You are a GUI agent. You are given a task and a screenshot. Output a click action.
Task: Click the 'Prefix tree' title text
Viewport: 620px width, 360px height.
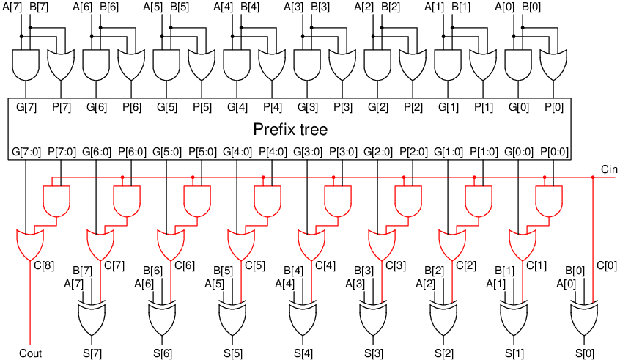tap(290, 130)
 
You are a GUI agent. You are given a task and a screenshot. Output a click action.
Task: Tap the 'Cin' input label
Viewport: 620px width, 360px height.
tap(608, 169)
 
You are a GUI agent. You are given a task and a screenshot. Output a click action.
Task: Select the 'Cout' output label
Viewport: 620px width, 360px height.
tap(30, 353)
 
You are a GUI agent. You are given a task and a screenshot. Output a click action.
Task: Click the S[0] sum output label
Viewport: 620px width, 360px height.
tap(584, 353)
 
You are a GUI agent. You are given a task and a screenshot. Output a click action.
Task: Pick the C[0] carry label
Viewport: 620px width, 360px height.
tap(607, 265)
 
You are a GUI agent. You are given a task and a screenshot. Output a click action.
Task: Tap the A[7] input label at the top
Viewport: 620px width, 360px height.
tap(12, 7)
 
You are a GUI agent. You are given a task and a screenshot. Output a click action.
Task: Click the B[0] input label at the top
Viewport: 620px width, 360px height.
tap(532, 7)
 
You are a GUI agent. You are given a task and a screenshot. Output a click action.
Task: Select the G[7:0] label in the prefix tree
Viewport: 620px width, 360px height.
tap(26, 152)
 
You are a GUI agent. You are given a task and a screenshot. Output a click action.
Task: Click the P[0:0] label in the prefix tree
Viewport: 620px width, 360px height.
tap(554, 152)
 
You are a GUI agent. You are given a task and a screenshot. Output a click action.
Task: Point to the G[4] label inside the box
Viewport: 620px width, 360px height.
tap(237, 107)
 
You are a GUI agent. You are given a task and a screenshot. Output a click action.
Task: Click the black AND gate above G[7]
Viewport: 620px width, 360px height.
tap(26, 65)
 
